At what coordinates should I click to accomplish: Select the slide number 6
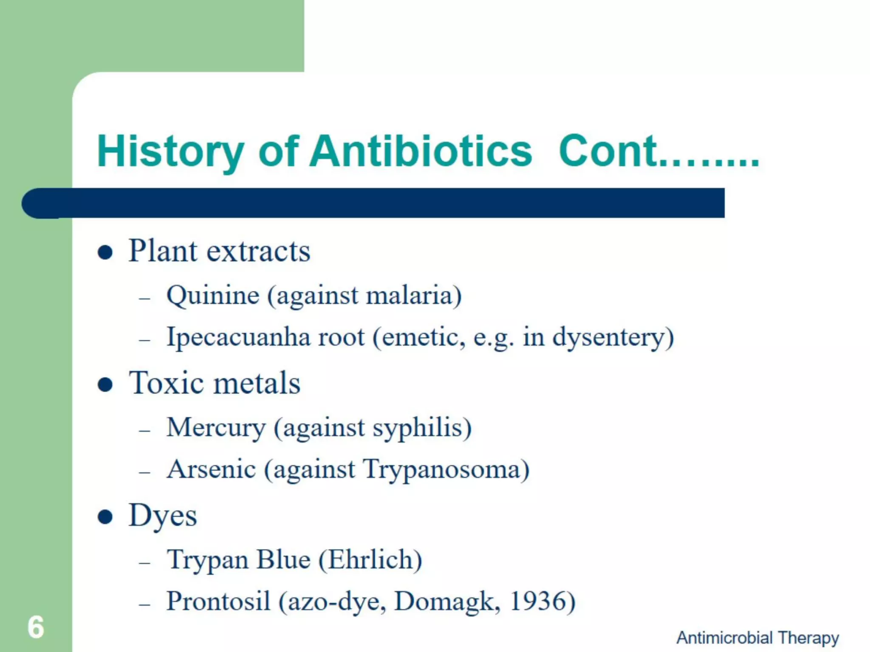[x=36, y=627]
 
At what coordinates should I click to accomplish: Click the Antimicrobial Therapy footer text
[x=757, y=638]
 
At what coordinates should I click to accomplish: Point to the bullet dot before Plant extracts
[x=105, y=253]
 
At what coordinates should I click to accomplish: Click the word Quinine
[x=213, y=295]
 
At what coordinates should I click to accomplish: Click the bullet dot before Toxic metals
[x=105, y=385]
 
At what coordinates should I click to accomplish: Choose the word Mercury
[x=216, y=427]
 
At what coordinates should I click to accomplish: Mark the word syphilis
[x=418, y=427]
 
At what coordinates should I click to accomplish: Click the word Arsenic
[x=211, y=469]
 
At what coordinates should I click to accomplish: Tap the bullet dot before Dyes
[x=105, y=517]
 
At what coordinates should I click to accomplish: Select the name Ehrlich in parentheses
[x=370, y=559]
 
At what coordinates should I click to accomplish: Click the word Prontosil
[x=218, y=601]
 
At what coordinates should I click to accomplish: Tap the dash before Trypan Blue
[x=145, y=563]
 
